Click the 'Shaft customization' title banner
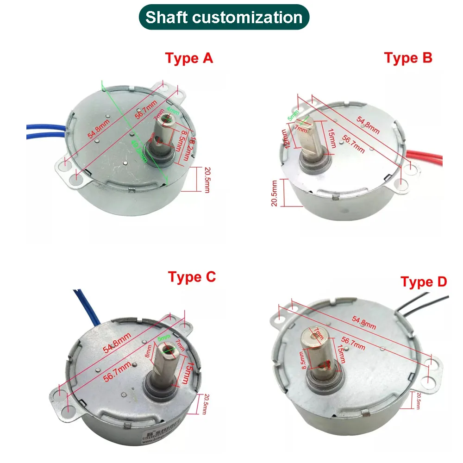[x=224, y=18]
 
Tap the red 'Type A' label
[x=189, y=59]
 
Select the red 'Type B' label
[x=408, y=58]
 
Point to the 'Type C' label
[x=192, y=277]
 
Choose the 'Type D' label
[x=424, y=282]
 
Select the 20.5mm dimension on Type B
[x=275, y=193]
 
